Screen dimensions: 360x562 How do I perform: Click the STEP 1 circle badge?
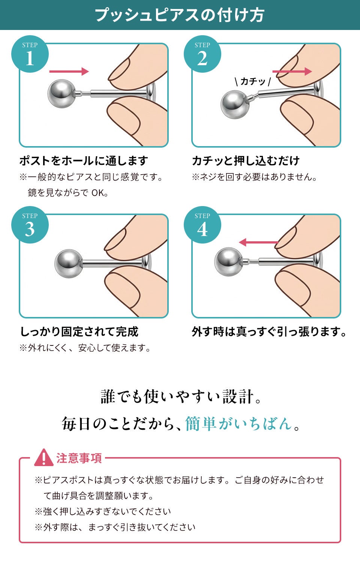coord(30,54)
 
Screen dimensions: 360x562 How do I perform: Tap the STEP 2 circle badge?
coord(202,54)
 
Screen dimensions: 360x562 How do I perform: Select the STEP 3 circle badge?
coord(30,225)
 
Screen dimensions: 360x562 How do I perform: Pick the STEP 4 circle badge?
coord(202,225)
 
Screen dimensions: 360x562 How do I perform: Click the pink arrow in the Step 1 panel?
coord(69,72)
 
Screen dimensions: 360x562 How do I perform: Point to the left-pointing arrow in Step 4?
coord(258,242)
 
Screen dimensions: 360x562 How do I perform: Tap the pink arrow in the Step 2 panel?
coord(292,72)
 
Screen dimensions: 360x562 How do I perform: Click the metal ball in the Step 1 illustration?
coord(61,94)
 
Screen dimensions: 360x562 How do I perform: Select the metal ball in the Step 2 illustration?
coord(235,105)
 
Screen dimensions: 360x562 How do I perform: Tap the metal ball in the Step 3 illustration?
coord(69,263)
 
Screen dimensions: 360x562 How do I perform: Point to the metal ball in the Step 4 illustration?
coord(228,262)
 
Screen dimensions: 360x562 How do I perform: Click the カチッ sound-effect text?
coord(253,82)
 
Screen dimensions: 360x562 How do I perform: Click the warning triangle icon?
coord(43,457)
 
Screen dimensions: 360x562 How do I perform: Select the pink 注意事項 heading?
coord(79,458)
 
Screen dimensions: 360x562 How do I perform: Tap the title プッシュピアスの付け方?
coord(180,15)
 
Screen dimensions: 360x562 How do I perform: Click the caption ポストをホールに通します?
coord(84,161)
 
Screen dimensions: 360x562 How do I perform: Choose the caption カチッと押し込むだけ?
coord(246,161)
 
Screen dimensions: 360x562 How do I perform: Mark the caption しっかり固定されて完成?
coord(79,332)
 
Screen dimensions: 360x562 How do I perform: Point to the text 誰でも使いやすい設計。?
coord(181,397)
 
